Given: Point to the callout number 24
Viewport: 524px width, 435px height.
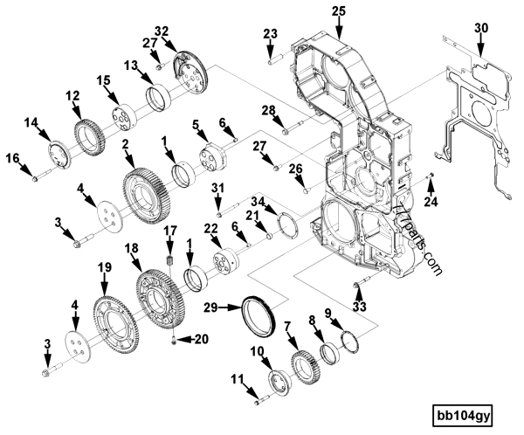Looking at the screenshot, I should pyautogui.click(x=429, y=204).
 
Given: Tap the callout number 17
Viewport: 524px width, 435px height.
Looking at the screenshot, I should pyautogui.click(x=171, y=230).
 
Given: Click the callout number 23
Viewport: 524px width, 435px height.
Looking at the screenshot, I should pyautogui.click(x=270, y=34).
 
